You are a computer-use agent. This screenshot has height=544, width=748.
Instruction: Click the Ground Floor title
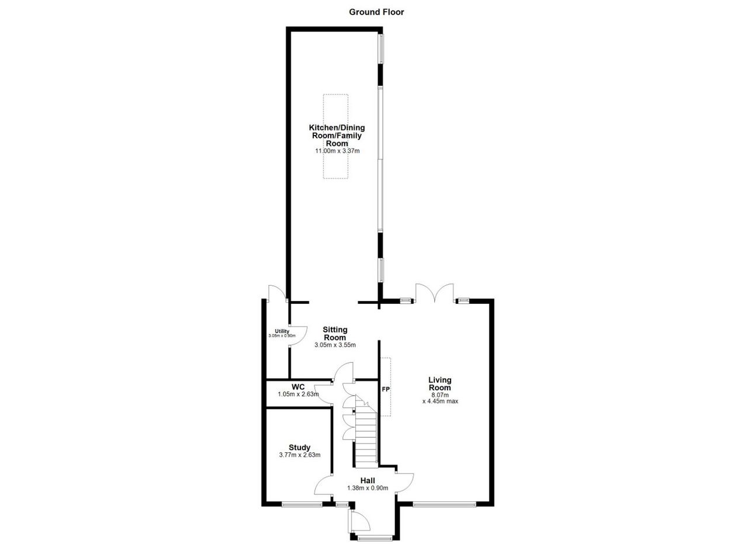pyautogui.click(x=376, y=12)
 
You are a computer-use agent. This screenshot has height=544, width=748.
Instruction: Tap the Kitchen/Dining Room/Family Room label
pyautogui.click(x=337, y=135)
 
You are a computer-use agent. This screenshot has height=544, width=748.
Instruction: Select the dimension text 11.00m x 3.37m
pyautogui.click(x=337, y=151)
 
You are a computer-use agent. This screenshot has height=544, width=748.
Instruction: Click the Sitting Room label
pyautogui.click(x=335, y=333)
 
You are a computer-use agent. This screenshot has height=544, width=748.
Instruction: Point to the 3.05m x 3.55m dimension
pyautogui.click(x=335, y=345)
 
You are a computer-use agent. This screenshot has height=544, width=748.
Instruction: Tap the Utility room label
pyautogui.click(x=282, y=331)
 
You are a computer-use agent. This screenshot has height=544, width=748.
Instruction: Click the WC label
pyautogui.click(x=298, y=387)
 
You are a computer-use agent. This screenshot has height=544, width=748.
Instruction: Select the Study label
pyautogui.click(x=300, y=448)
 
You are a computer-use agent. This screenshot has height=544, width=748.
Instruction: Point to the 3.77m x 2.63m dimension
pyautogui.click(x=300, y=455)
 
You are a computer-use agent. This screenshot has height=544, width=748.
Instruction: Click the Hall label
pyautogui.click(x=368, y=480)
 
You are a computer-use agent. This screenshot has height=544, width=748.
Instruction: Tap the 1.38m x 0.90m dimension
pyautogui.click(x=368, y=488)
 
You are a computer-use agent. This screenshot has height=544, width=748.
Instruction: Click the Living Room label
pyautogui.click(x=440, y=384)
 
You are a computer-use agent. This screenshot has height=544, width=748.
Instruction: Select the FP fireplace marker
pyautogui.click(x=386, y=389)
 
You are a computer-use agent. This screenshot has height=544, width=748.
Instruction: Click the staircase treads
pyautogui.click(x=366, y=434)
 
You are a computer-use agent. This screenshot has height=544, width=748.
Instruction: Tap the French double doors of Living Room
pyautogui.click(x=434, y=293)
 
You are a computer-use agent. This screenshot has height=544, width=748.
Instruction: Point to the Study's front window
pyautogui.click(x=302, y=505)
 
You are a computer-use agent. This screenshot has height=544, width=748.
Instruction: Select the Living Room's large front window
pyautogui.click(x=445, y=505)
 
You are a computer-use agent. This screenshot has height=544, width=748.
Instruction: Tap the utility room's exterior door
pyautogui.click(x=277, y=292)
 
